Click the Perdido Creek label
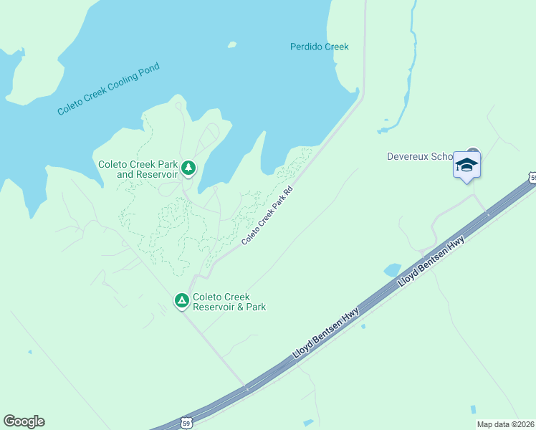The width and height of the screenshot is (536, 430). (x=319, y=47)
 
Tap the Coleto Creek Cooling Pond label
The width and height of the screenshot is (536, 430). (x=108, y=90)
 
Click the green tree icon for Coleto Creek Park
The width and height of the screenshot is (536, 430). (x=188, y=168)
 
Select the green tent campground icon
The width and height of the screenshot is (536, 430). (x=181, y=300)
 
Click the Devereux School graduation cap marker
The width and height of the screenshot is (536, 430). (x=466, y=166)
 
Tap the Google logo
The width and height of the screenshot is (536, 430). (x=24, y=421)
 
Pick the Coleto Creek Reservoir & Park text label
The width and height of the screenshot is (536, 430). (x=229, y=302)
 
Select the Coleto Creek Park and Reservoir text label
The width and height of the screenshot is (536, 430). (x=137, y=169)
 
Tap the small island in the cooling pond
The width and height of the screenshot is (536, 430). (x=231, y=44)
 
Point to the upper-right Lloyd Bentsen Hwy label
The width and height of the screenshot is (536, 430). (x=431, y=263)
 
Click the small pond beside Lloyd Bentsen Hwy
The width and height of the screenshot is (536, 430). (x=392, y=270)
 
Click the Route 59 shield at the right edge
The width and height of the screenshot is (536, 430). (x=532, y=176)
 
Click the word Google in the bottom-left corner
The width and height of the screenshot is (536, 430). (x=24, y=421)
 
